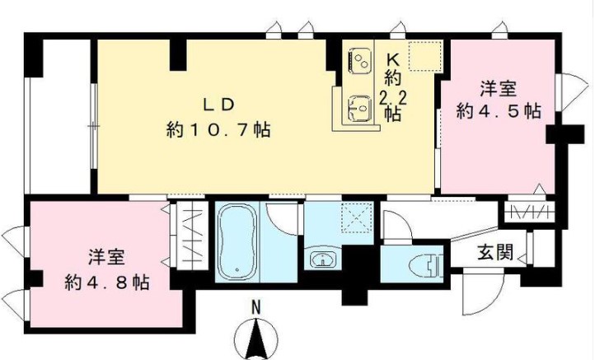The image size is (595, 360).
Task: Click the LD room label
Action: click(x=220, y=104)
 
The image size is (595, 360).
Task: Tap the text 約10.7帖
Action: click(x=219, y=129)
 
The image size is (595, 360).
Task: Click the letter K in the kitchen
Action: click(x=393, y=58)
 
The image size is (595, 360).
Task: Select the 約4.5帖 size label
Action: click(x=500, y=110)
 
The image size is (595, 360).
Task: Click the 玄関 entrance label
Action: click(x=495, y=252)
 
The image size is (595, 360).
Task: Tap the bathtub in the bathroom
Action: click(x=239, y=241)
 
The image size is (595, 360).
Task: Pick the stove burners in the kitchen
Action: click(x=361, y=59)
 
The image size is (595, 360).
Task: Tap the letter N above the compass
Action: click(x=256, y=308)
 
